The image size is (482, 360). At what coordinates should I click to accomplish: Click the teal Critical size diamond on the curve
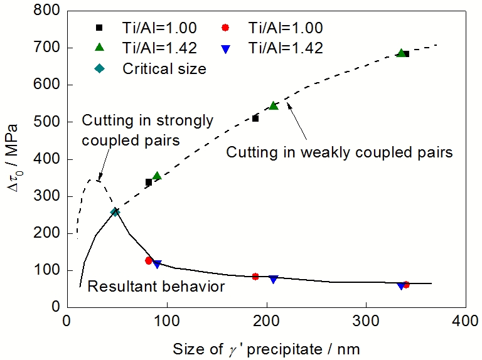(x=115, y=212)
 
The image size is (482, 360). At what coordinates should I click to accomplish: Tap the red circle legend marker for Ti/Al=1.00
(x=227, y=28)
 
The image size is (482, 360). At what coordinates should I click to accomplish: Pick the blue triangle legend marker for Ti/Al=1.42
(x=227, y=48)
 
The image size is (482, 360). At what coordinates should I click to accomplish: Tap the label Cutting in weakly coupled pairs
(x=340, y=152)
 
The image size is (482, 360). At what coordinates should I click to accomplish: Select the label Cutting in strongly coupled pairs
(x=148, y=129)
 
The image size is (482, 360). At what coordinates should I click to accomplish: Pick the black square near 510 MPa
(x=255, y=118)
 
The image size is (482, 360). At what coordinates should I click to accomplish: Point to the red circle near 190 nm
(x=255, y=276)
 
